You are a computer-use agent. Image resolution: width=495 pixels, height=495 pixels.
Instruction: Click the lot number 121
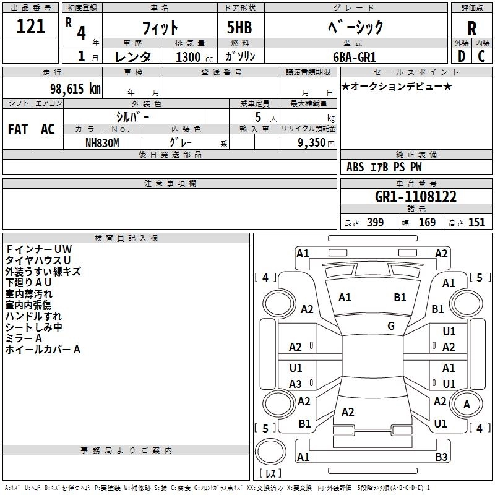[x=30, y=27]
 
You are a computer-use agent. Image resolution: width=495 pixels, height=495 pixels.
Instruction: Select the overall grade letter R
[x=471, y=28]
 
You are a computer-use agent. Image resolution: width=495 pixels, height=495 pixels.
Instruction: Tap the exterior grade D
[x=461, y=56]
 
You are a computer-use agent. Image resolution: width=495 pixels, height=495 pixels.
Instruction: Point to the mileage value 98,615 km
[x=69, y=88]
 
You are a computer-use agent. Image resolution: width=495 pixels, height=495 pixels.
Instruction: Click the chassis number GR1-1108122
[x=416, y=197]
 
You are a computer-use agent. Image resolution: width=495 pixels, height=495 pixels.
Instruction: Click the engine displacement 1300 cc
[x=189, y=56]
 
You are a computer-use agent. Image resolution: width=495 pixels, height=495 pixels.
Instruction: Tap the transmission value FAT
[x=17, y=129]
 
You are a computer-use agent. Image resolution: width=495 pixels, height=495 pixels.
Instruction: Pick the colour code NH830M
[x=102, y=142]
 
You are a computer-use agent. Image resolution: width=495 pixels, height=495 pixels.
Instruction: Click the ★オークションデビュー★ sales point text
[x=397, y=86]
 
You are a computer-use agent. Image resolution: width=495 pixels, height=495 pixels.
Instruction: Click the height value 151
[x=476, y=222]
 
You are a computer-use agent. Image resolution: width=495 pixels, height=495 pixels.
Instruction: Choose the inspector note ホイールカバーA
[x=43, y=350]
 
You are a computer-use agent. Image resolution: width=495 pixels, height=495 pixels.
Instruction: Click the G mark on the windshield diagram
[x=391, y=325]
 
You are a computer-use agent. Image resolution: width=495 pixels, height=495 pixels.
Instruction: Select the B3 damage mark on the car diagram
[x=441, y=457]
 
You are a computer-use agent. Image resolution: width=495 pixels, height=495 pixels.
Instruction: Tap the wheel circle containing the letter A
[x=467, y=405]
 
